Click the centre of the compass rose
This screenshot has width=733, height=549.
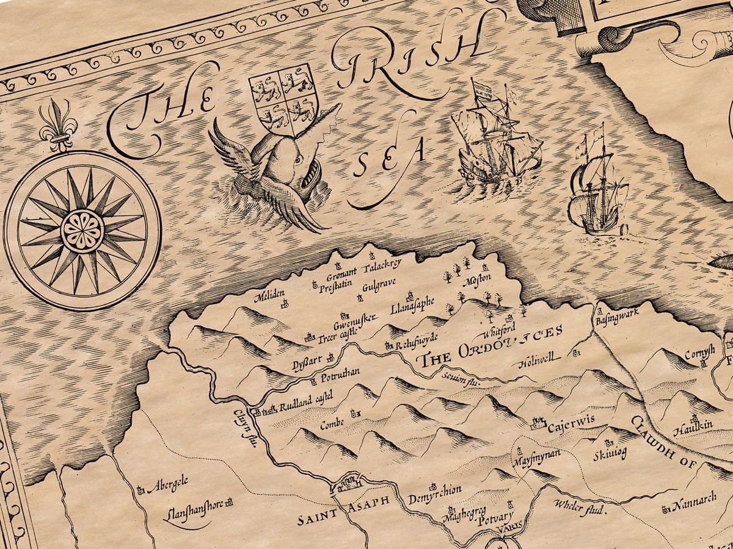coord(82,230)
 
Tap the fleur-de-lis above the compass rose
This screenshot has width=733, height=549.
coord(59,126)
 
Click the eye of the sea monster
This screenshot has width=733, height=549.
coord(297,160)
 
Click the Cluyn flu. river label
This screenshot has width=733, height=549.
coord(243,431)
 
